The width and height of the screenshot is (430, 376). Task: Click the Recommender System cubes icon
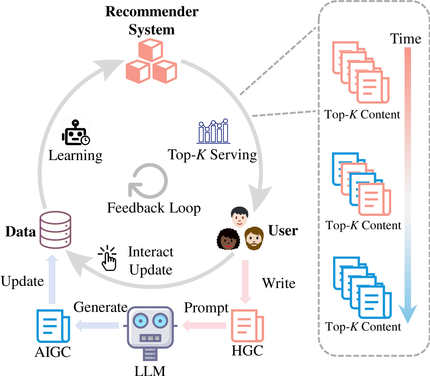click(x=151, y=61)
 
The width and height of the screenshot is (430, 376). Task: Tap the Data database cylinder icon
click(x=55, y=230)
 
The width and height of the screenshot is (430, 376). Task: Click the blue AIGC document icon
click(x=53, y=326)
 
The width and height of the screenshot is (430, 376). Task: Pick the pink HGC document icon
click(x=247, y=326)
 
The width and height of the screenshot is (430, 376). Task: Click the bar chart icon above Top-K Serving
click(x=213, y=131)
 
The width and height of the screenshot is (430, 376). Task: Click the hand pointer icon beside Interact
click(x=107, y=258)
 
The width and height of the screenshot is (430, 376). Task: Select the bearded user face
click(x=254, y=238)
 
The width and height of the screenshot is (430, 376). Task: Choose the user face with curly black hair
click(x=228, y=239)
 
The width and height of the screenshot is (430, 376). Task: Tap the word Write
click(x=279, y=283)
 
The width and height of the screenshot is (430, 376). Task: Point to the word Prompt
click(x=206, y=308)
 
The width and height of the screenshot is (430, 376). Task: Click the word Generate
click(x=100, y=307)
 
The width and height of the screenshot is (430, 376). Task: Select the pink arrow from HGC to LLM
click(x=204, y=326)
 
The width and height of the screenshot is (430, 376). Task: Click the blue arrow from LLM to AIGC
click(x=97, y=326)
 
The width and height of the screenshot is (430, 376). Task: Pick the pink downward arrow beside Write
click(x=245, y=282)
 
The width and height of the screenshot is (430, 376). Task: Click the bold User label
click(x=283, y=231)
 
